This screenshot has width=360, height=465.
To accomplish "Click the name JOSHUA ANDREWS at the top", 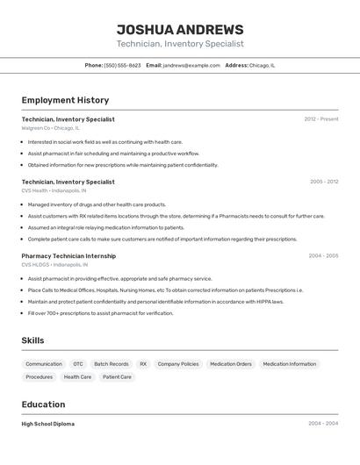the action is [x=180, y=29].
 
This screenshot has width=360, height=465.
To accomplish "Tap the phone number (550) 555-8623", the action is [x=122, y=65].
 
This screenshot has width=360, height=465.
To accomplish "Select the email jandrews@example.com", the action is [x=191, y=65].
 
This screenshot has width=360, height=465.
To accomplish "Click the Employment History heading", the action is [x=65, y=100].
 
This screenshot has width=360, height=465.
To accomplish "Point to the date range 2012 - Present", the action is [x=320, y=119].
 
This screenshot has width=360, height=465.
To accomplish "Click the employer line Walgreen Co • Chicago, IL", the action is [x=50, y=128].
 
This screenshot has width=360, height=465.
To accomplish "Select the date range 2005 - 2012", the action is [x=323, y=182].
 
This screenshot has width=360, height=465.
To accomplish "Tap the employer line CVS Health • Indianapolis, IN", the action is [x=54, y=190].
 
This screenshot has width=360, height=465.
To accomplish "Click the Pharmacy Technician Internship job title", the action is [x=68, y=256].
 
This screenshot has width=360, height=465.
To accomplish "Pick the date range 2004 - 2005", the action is [x=323, y=256].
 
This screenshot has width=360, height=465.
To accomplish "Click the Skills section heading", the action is [x=32, y=340].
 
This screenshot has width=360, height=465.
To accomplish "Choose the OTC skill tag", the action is [x=78, y=364].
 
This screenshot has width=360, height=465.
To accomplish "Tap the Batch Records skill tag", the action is [x=112, y=364].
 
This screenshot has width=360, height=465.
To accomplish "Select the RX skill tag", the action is [x=143, y=364].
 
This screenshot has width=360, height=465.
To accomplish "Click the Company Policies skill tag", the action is [x=178, y=364].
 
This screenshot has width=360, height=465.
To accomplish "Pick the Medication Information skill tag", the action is [x=289, y=364].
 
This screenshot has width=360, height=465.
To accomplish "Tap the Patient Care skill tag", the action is [x=117, y=377].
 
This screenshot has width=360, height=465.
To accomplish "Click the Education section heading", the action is [x=43, y=404].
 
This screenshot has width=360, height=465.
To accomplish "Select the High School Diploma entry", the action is [x=48, y=424].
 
